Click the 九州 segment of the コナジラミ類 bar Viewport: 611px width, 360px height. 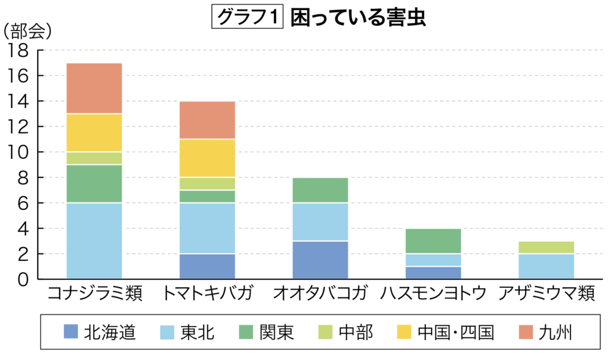[94, 88]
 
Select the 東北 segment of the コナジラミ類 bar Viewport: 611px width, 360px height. [94, 241]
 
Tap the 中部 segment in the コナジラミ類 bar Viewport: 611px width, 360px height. [94, 158]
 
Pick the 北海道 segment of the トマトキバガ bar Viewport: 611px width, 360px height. [207, 266]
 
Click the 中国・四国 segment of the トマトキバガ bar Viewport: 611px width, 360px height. [207, 158]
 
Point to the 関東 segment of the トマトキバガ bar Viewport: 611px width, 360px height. [207, 196]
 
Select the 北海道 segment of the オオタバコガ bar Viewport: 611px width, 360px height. [320, 260]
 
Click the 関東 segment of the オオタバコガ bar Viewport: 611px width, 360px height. [320, 190]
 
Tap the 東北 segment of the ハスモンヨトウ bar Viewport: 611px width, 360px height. [433, 260]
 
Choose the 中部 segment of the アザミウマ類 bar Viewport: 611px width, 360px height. [546, 247]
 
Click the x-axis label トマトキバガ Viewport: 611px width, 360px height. [207, 294]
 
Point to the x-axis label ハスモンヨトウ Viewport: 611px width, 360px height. [433, 294]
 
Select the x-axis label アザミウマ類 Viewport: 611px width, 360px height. [546, 294]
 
